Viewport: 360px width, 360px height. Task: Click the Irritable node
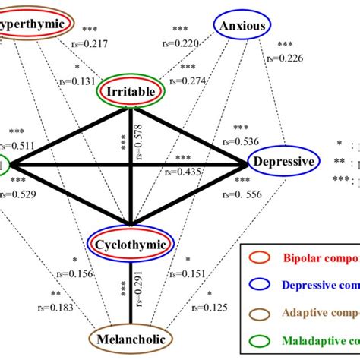[131, 91]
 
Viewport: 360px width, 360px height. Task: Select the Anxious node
[242, 27]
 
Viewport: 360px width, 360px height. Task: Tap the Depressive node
[283, 162]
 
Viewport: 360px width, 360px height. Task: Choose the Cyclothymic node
[131, 243]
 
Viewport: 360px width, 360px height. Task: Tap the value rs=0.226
[286, 58]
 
